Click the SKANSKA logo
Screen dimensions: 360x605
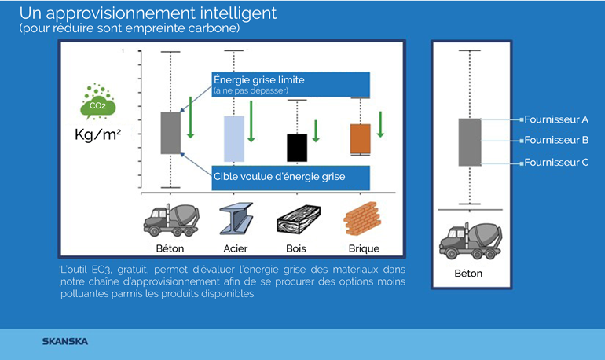[64, 341]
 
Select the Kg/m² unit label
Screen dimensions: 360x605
[97, 134]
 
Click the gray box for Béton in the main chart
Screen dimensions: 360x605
[170, 133]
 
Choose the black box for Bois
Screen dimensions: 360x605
[296, 147]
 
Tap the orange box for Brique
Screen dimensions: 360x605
[360, 139]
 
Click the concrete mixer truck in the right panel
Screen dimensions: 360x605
[470, 240]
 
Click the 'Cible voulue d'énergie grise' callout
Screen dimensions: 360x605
[290, 177]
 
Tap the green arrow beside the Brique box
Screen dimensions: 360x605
[380, 124]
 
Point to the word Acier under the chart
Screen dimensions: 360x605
[235, 248]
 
